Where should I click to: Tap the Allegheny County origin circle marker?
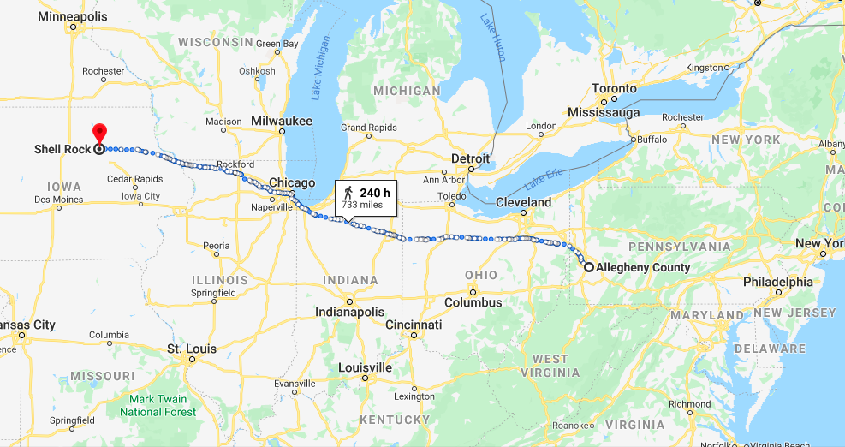589,267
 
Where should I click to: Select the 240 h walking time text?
375,192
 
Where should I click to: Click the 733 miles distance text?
362,205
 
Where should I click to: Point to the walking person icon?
348,192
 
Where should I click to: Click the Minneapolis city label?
73,16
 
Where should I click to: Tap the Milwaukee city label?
282,122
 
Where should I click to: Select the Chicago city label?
292,182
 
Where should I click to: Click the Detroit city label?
471,158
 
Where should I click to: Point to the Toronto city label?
615,88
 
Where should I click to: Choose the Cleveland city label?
524,202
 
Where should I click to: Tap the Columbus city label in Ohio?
473,302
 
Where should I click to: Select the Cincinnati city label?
414,325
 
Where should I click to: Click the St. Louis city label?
192,349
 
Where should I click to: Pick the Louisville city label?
365,367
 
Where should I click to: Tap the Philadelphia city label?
778,281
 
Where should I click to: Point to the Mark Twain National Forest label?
163,405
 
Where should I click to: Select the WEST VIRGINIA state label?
550,366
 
